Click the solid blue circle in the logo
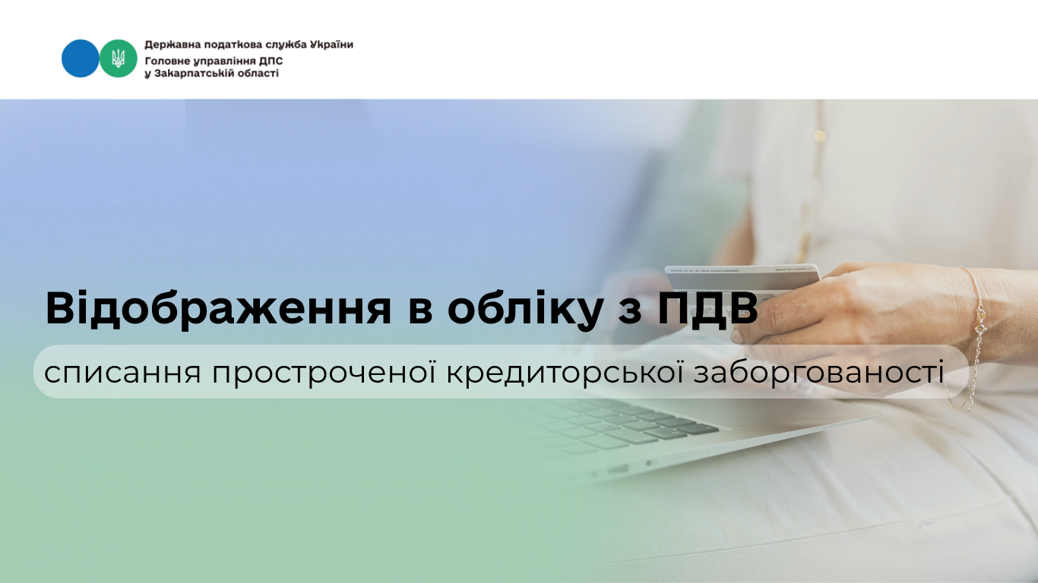(80, 58)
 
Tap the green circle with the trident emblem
(119, 58)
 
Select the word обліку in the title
(526, 309)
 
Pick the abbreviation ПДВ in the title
(708, 308)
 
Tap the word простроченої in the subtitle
(324, 373)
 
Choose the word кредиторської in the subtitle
(565, 373)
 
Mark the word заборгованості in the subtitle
(819, 373)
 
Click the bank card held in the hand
(742, 278)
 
